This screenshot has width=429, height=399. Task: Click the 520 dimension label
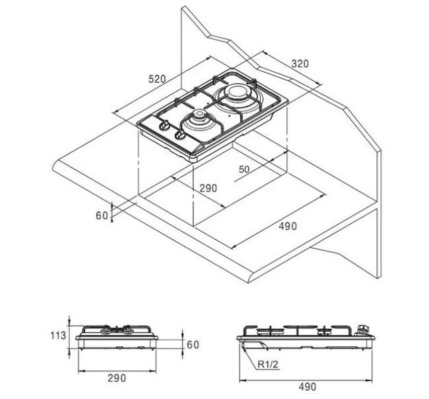pyautogui.click(x=157, y=79)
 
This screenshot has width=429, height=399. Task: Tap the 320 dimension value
pyautogui.click(x=300, y=64)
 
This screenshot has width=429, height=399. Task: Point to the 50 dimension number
pyautogui.click(x=244, y=170)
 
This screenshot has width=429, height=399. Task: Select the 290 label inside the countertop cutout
pyautogui.click(x=208, y=188)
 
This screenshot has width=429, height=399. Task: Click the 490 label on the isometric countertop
pyautogui.click(x=288, y=227)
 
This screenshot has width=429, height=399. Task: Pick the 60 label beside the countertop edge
pyautogui.click(x=102, y=216)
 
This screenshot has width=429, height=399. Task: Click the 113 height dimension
pyautogui.click(x=58, y=335)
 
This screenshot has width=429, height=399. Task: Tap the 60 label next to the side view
pyautogui.click(x=193, y=345)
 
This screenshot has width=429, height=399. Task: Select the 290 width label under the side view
pyautogui.click(x=117, y=378)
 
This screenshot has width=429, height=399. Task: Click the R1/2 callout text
pyautogui.click(x=268, y=364)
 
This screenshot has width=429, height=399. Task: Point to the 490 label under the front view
pyautogui.click(x=308, y=387)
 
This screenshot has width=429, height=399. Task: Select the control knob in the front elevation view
pyautogui.click(x=362, y=330)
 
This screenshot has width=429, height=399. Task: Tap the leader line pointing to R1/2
pyautogui.click(x=249, y=358)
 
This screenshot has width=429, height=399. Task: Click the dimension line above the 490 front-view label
pyautogui.click(x=306, y=380)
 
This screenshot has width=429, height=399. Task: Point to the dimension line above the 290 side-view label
pyautogui.click(x=117, y=371)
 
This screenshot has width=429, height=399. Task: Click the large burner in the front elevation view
pyautogui.click(x=270, y=332)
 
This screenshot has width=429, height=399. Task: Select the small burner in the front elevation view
pyautogui.click(x=325, y=332)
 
